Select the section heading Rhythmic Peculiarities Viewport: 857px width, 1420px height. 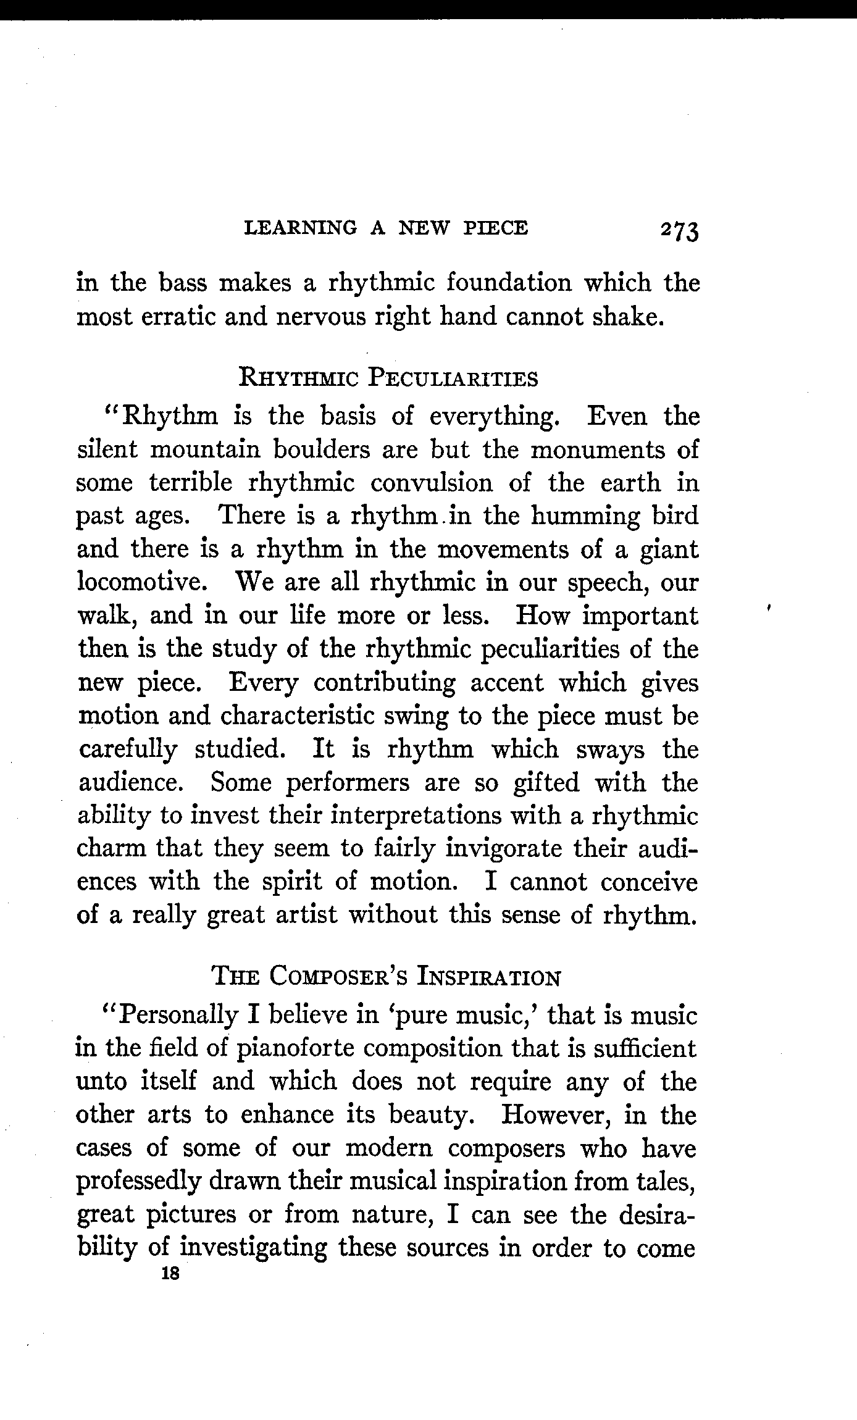(388, 378)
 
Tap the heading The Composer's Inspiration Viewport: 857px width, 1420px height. (386, 978)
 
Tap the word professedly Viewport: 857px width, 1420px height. (138, 1182)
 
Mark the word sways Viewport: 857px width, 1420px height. (610, 749)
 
